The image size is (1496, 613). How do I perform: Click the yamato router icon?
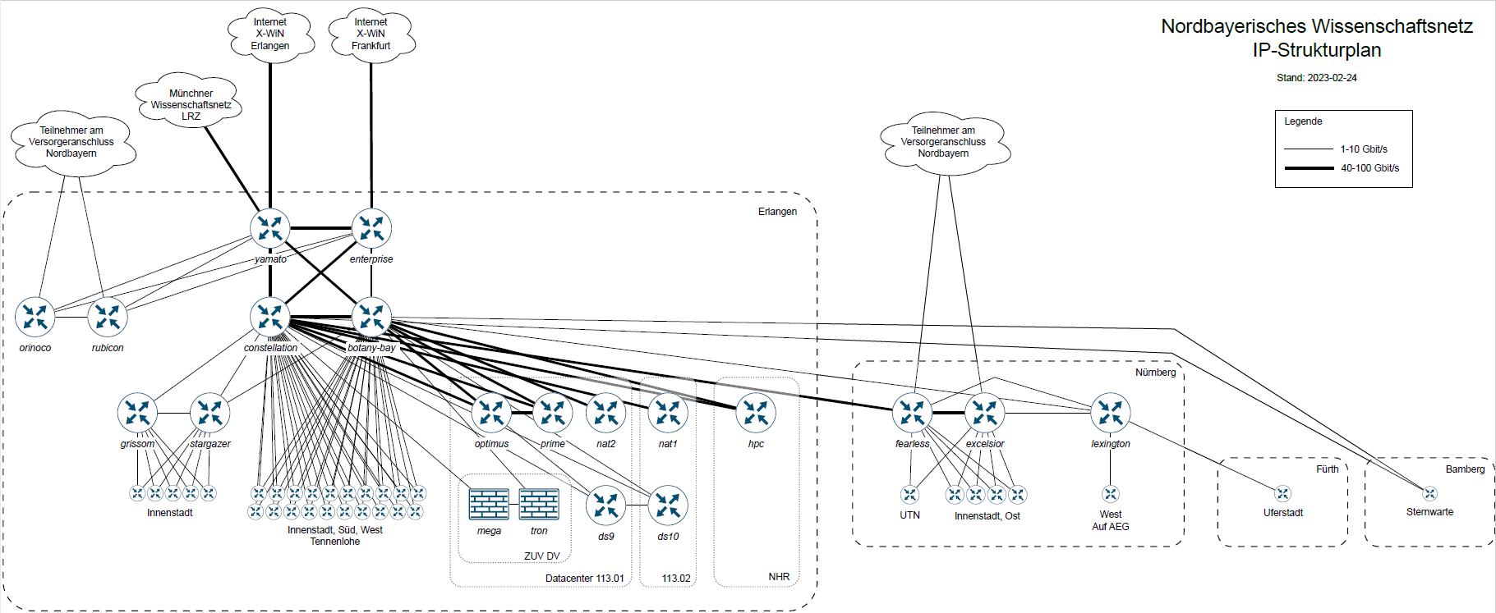(270, 229)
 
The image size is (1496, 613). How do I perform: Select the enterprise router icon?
(371, 229)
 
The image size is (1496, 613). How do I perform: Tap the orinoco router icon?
(35, 317)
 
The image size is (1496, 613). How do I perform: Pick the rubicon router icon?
(108, 317)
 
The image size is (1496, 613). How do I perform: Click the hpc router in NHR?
(756, 413)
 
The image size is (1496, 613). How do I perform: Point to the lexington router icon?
(1111, 413)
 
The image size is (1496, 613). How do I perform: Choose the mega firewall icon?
(489, 504)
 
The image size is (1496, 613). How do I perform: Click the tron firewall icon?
(539, 504)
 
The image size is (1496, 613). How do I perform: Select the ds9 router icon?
(606, 505)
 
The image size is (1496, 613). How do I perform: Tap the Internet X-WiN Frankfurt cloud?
(371, 34)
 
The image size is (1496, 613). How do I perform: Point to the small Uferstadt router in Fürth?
(1282, 494)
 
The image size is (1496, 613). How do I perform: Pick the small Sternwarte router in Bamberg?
(1430, 494)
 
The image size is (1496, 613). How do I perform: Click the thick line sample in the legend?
(1309, 168)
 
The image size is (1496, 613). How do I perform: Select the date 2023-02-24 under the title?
(1332, 78)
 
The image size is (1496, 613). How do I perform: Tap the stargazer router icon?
(209, 413)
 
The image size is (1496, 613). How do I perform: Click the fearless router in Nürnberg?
(913, 413)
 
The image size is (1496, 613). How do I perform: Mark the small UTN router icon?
(909, 495)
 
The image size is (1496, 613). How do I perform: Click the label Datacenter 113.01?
(584, 579)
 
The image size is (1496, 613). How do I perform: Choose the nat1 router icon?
(668, 413)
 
